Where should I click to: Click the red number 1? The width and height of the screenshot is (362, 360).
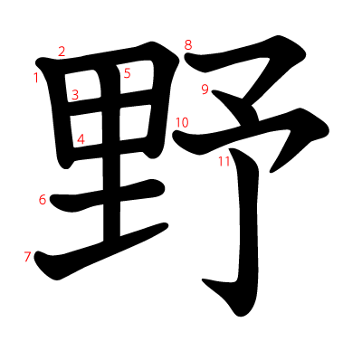pos(36,78)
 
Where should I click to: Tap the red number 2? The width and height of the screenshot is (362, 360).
pos(62,52)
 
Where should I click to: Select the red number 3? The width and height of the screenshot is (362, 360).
pos(75,94)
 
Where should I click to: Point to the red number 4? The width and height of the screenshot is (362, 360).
pos(81,139)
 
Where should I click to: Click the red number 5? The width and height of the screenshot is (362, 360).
pos(127,73)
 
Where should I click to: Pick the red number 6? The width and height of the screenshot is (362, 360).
pos(42,200)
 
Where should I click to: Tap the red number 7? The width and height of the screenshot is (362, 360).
pos(27,257)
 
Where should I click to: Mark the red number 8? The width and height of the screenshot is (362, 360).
pos(188,44)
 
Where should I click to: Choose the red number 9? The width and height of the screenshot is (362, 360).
pos(205,89)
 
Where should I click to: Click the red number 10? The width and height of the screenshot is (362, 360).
pos(182,122)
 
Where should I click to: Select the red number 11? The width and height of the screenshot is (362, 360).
pos(224,162)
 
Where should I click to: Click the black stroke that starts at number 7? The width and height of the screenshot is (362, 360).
pos(100,248)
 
